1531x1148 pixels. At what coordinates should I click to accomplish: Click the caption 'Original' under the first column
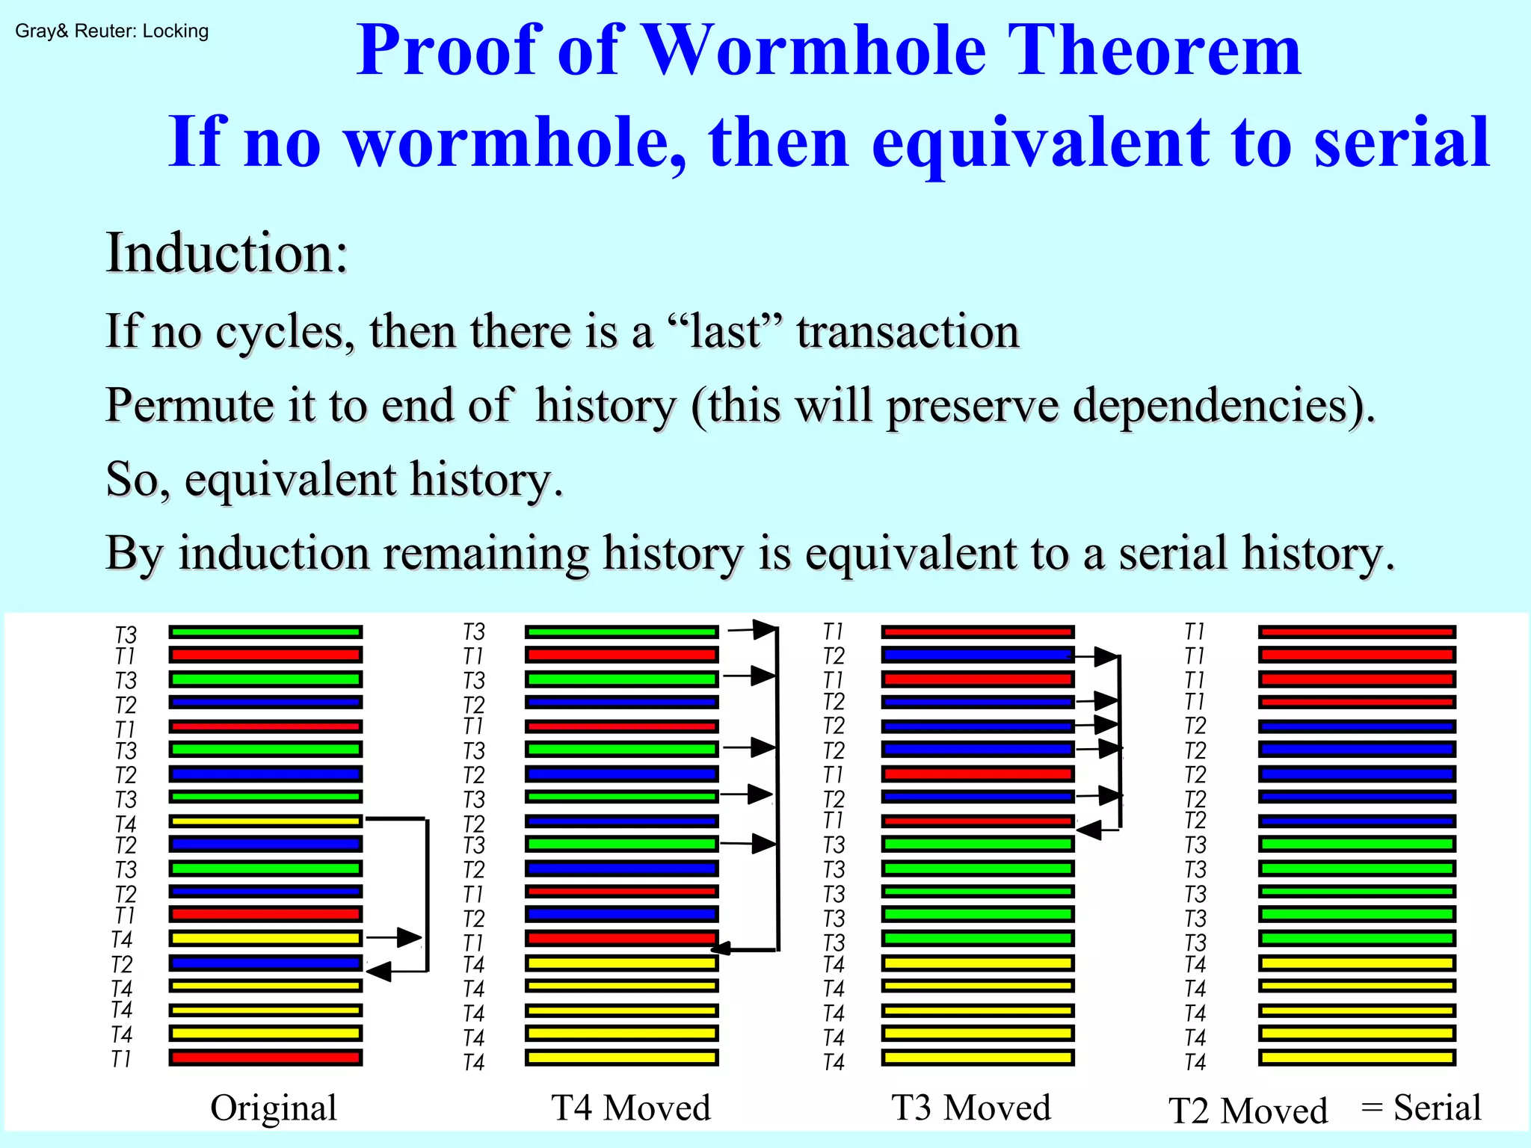pyautogui.click(x=273, y=1108)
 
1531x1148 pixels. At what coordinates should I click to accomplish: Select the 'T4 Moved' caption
pyautogui.click(x=631, y=1108)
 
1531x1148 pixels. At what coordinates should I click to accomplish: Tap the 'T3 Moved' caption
pyautogui.click(x=971, y=1108)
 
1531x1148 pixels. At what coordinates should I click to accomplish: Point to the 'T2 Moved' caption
pyautogui.click(x=1248, y=1111)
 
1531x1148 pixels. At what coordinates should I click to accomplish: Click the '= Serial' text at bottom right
pyautogui.click(x=1421, y=1108)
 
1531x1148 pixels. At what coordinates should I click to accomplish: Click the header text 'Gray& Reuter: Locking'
pyautogui.click(x=111, y=31)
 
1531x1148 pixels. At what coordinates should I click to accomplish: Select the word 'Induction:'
pyautogui.click(x=227, y=253)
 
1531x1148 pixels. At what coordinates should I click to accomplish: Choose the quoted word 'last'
pyautogui.click(x=724, y=332)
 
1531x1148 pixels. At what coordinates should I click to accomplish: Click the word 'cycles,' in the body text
pyautogui.click(x=285, y=332)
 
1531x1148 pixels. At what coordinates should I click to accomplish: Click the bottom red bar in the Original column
pyautogui.click(x=265, y=1058)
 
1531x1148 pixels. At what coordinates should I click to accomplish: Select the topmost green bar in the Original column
pyautogui.click(x=265, y=632)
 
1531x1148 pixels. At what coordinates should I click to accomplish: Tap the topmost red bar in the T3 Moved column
pyautogui.click(x=978, y=632)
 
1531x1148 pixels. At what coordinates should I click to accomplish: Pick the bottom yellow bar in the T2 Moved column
pyautogui.click(x=1357, y=1058)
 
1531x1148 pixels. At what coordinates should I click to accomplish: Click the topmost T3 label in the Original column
pyautogui.click(x=126, y=635)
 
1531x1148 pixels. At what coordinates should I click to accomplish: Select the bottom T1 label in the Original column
pyautogui.click(x=121, y=1059)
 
